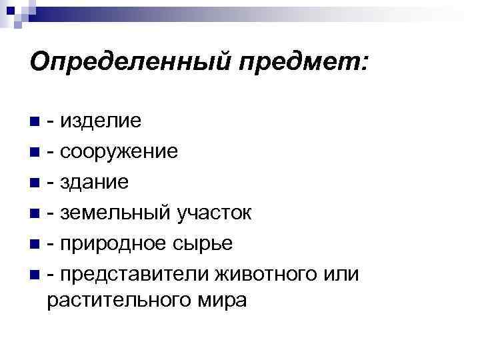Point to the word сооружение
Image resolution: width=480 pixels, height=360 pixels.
tap(121, 152)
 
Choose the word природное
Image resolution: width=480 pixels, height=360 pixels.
tap(115, 243)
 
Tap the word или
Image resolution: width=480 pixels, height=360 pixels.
tap(341, 274)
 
